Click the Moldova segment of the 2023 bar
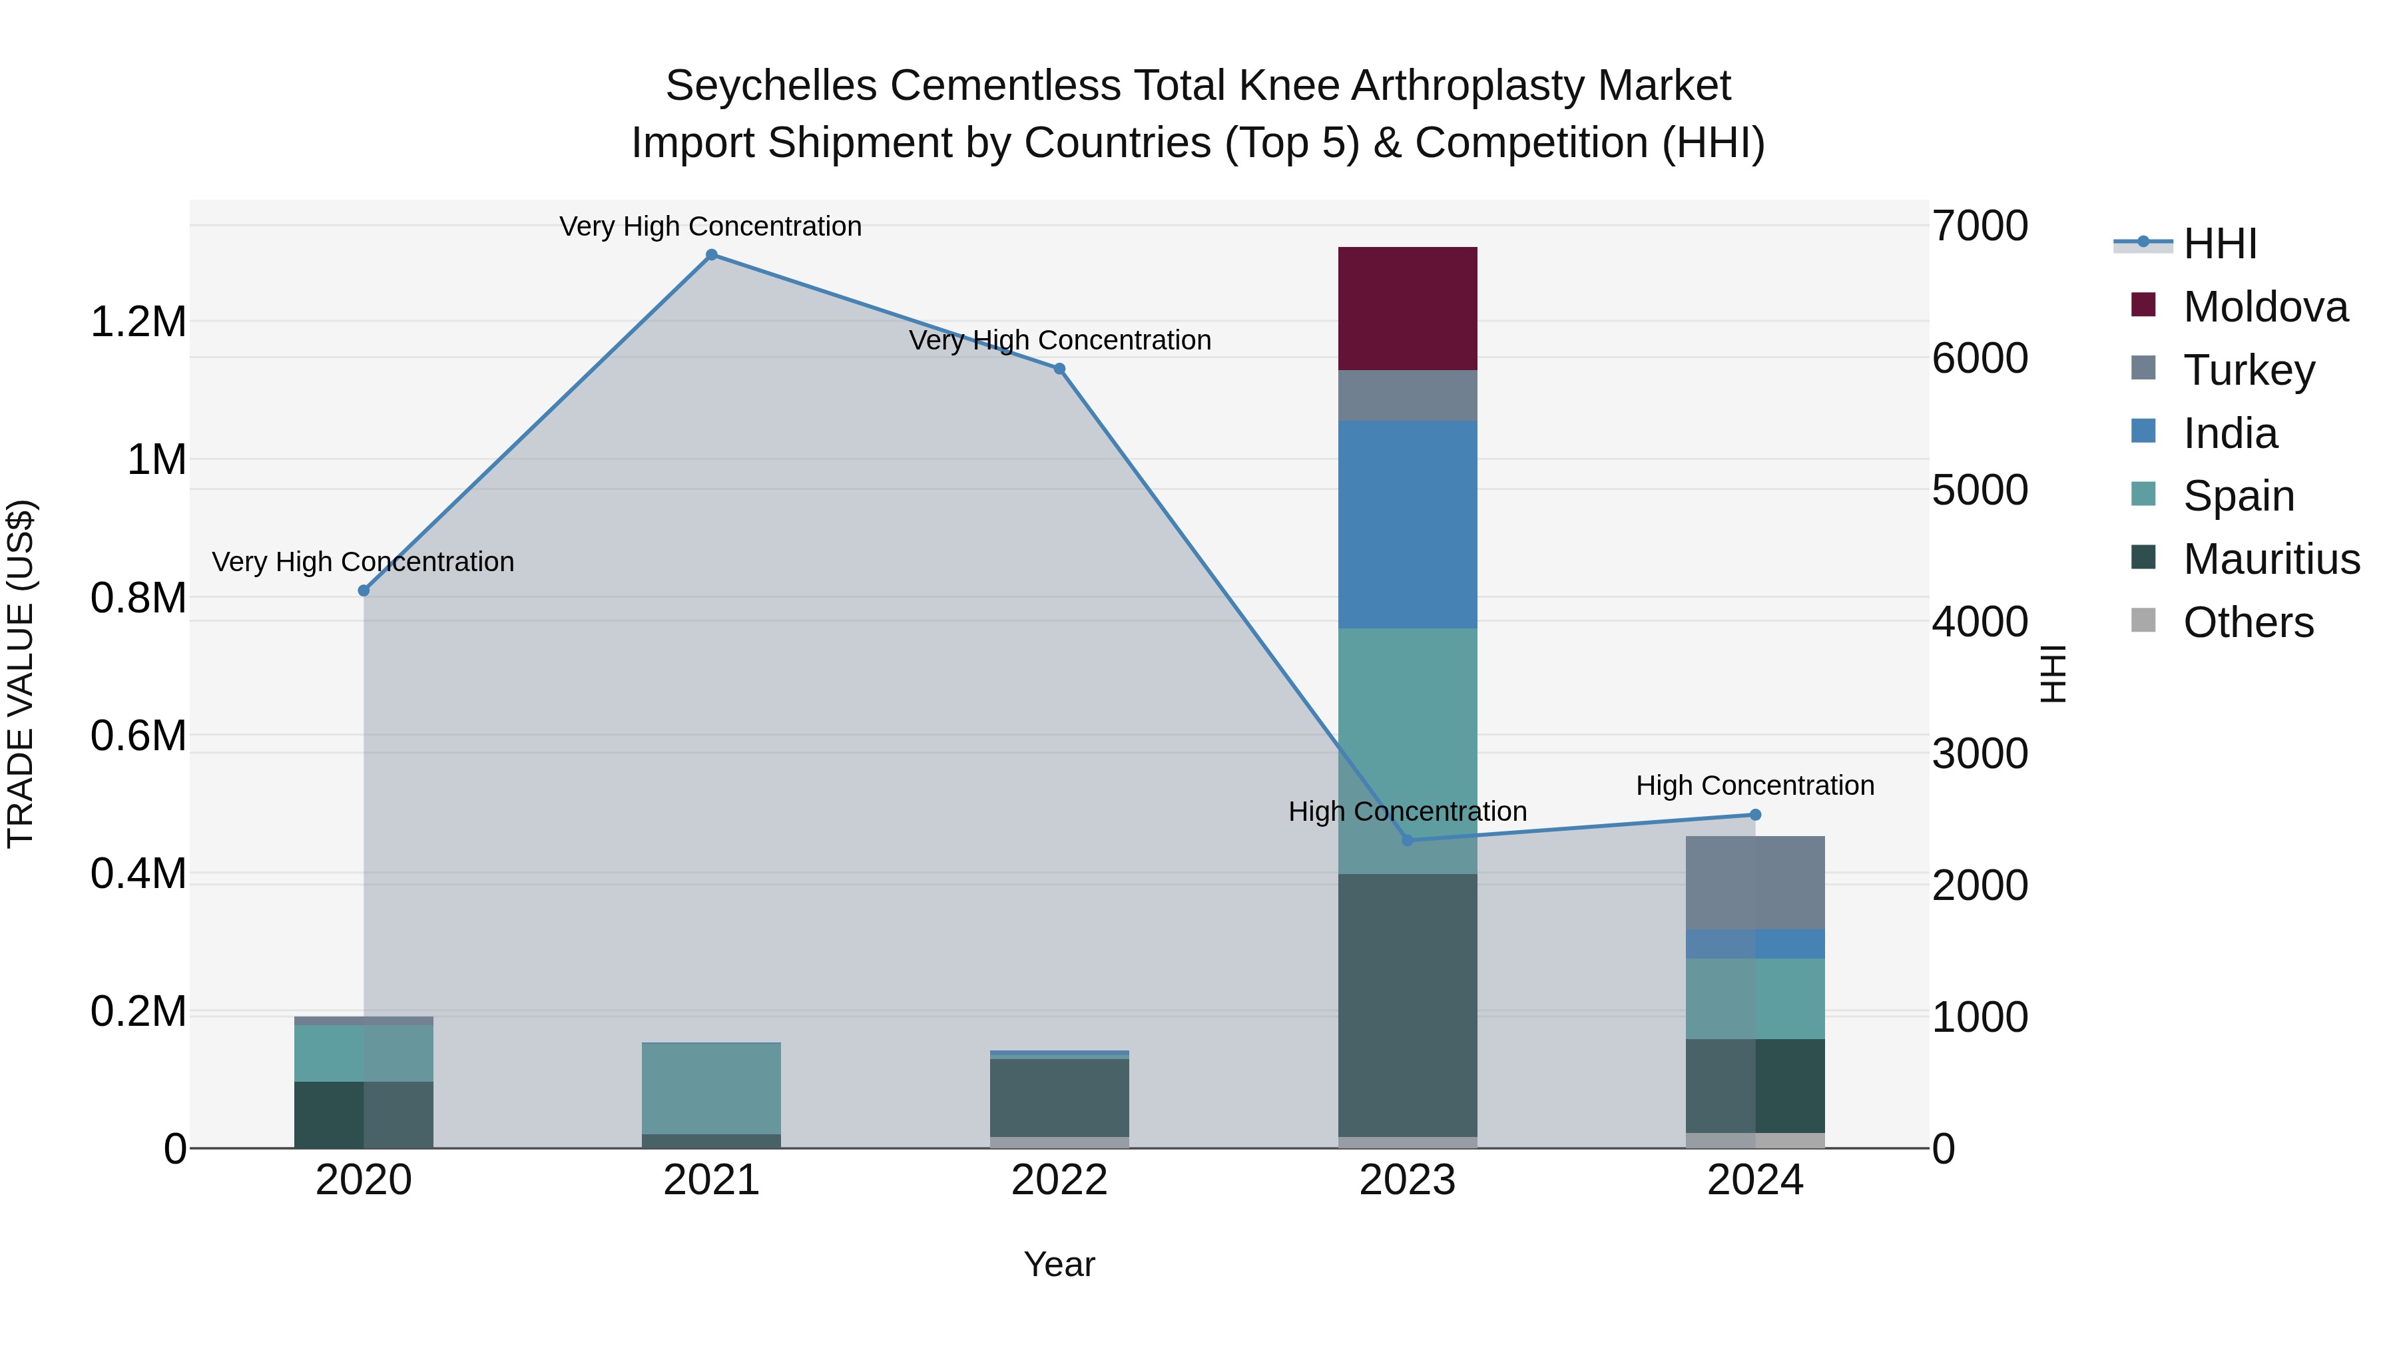1407,308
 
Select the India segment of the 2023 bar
1407,524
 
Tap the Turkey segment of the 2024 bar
1755,882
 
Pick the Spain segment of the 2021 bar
711,1088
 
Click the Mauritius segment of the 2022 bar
1059,1098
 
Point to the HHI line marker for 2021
711,255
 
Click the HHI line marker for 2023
1407,840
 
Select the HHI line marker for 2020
364,590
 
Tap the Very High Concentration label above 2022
1059,340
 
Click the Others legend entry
2247,622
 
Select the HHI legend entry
2219,244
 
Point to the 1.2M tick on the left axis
138,322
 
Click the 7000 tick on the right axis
1980,226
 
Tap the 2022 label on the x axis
1059,1180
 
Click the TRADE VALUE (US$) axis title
21,674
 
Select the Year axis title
1059,1264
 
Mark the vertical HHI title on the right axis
2053,674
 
